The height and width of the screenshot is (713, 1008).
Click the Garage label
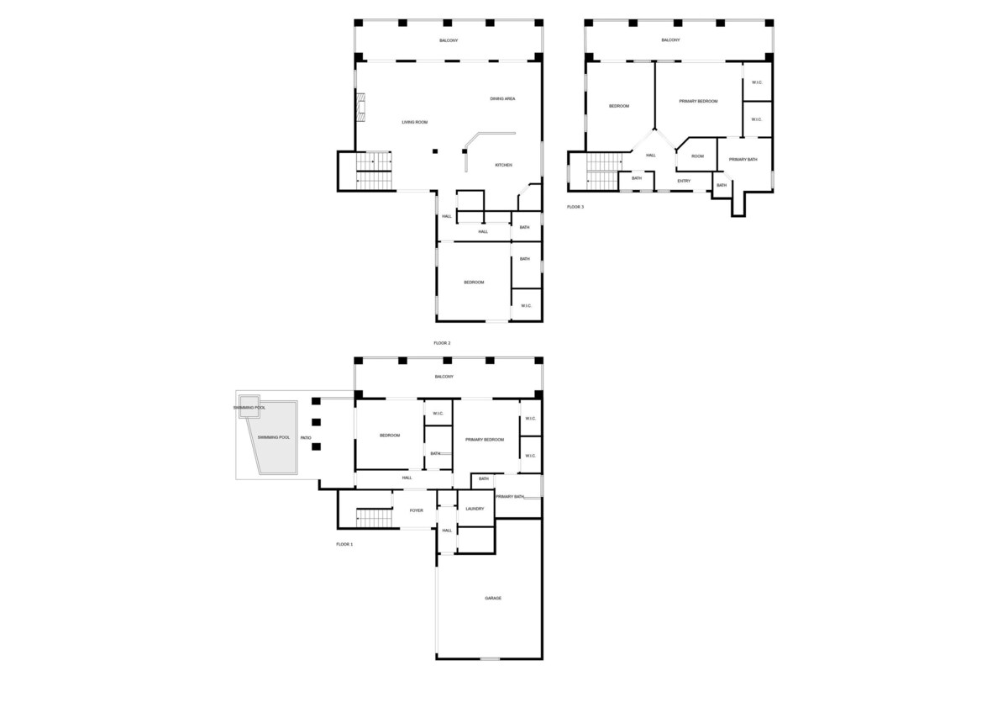[493, 598]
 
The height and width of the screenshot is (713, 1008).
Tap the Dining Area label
[502, 98]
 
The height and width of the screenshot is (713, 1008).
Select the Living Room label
[414, 122]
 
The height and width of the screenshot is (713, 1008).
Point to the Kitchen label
[503, 165]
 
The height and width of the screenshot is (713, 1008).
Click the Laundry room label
[475, 509]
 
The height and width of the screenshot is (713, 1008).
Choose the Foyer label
[417, 510]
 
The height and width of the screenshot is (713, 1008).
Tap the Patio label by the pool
[306, 438]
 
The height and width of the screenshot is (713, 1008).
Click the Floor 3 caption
[575, 207]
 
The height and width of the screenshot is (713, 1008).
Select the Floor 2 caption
[442, 343]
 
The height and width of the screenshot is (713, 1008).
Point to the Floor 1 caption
[344, 544]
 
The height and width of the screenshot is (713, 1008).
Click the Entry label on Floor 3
[684, 181]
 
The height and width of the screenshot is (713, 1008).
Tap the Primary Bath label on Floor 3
[743, 159]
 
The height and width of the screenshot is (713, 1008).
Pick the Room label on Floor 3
[697, 156]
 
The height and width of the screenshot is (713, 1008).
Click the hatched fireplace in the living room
[361, 107]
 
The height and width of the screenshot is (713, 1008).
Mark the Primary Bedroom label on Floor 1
[484, 439]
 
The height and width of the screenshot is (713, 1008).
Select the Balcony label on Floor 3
[670, 40]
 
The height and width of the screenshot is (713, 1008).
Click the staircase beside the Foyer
[374, 518]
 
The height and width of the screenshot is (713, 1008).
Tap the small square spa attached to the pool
[249, 407]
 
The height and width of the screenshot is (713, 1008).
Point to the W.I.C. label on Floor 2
[526, 305]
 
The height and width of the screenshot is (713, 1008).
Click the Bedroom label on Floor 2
[474, 282]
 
